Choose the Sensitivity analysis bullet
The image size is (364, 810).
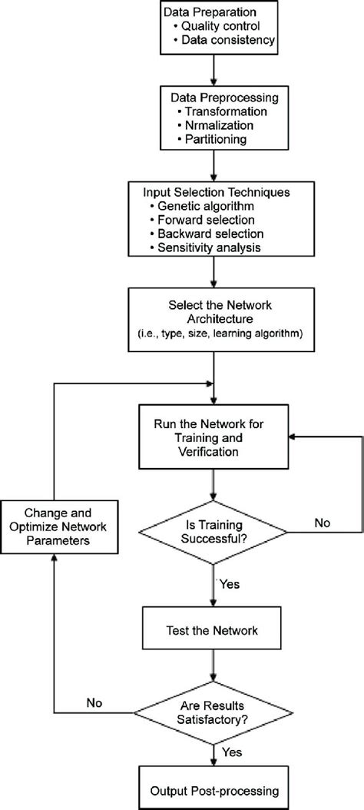pyautogui.click(x=206, y=247)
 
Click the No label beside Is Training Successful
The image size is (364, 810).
pyautogui.click(x=322, y=523)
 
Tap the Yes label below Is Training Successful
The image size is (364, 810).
pyautogui.click(x=230, y=586)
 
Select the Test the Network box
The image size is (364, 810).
pyautogui.click(x=213, y=631)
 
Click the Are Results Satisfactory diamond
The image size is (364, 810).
pyautogui.click(x=213, y=713)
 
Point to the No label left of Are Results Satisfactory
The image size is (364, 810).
pyautogui.click(x=94, y=703)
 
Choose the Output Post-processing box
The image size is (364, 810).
pyautogui.click(x=214, y=791)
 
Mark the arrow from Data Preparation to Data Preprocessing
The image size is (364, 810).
pyautogui.click(x=213, y=68)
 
